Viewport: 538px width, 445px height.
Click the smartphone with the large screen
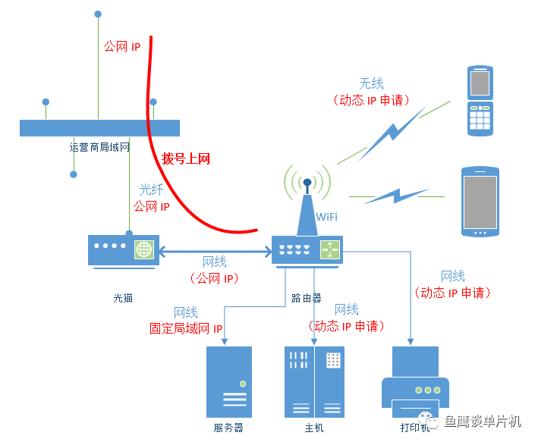point(480,202)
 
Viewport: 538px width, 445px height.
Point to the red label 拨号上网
point(186,159)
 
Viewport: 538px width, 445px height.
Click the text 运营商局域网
point(99,147)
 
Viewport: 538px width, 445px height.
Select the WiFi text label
point(326,218)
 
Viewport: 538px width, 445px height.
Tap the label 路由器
point(307,298)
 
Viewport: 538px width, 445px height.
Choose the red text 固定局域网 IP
point(186,329)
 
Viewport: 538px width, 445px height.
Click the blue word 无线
point(371,83)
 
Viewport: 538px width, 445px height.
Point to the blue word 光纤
point(151,190)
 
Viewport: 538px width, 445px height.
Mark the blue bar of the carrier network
point(99,127)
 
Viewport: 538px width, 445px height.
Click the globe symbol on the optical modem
point(144,249)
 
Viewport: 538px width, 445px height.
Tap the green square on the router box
point(330,249)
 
